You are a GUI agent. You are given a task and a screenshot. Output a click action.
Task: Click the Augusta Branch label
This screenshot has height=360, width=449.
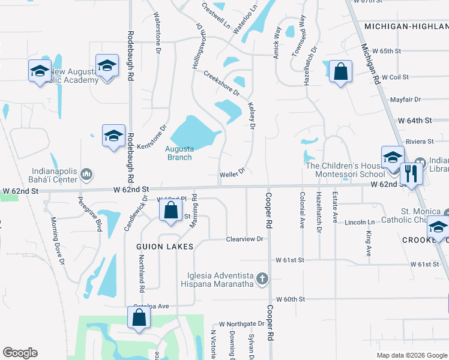179,153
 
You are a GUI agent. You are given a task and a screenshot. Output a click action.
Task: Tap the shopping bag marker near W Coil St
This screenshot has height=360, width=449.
340,72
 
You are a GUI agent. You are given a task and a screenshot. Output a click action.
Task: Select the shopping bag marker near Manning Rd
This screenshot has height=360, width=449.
171,211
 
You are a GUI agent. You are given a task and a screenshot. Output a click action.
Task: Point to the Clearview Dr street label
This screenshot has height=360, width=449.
245,239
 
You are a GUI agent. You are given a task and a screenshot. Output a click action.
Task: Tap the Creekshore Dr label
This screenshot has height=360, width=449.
221,85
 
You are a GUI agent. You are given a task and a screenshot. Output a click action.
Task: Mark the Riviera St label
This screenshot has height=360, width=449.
420,142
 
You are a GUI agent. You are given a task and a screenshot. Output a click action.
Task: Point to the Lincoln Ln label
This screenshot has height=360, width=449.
360,222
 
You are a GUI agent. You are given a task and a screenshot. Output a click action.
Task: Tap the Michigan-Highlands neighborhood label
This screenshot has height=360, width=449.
406,27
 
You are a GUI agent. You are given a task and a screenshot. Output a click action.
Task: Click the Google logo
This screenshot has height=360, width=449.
20,353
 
